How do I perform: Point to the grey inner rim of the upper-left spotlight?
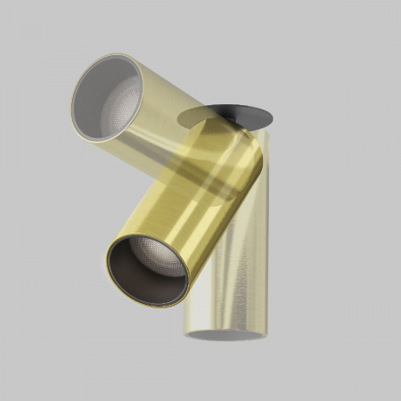tap(89, 89)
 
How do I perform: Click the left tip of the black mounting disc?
tap(178, 118)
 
